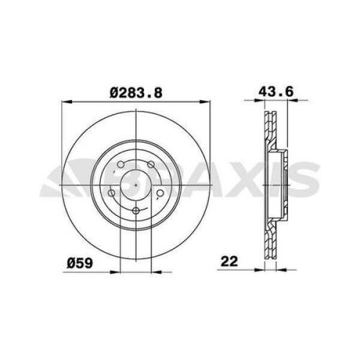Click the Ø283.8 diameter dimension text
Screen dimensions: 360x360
(136, 93)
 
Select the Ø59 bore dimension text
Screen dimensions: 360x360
(80, 263)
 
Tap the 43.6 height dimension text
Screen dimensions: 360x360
(276, 92)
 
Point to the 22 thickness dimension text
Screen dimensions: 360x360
(229, 261)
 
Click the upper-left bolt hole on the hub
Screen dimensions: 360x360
(121, 164)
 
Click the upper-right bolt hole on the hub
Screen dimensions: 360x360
(151, 164)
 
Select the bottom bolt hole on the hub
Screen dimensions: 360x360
(136, 211)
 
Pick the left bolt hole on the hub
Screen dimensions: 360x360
(112, 193)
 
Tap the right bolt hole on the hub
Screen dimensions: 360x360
(160, 193)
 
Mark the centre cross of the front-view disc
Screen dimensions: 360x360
(136, 185)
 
